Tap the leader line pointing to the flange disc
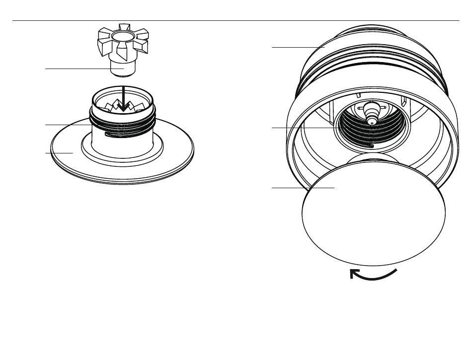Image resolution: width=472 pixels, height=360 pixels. click(60, 153)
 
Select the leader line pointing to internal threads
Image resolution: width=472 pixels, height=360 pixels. click(303, 128)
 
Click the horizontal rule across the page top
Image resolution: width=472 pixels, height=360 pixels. click(236, 21)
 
